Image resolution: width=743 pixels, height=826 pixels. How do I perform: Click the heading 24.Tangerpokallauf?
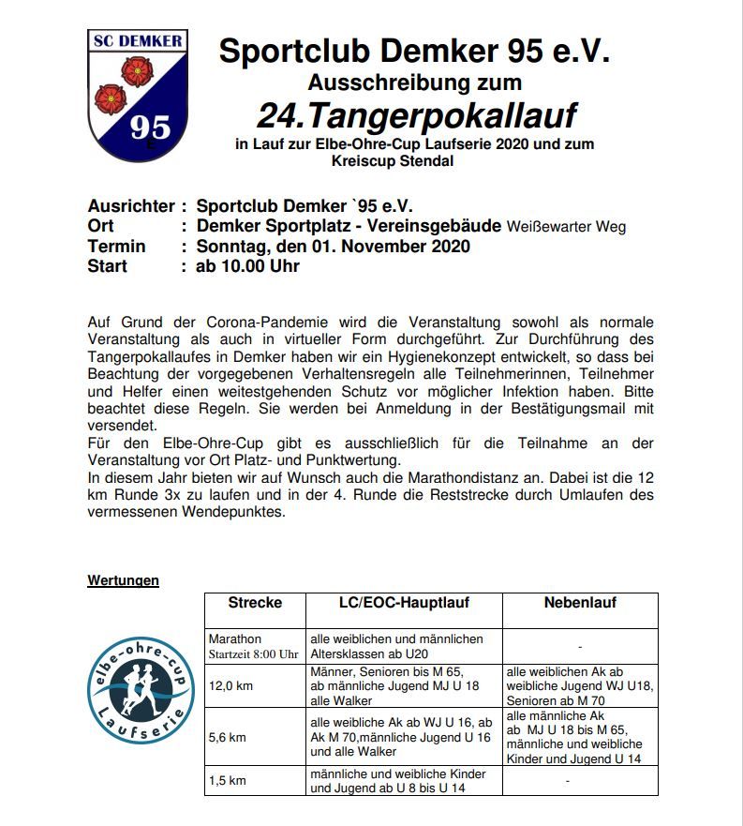[416, 116]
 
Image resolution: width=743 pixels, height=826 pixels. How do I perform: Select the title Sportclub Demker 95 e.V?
[414, 51]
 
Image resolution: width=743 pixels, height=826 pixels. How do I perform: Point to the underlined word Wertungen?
[123, 580]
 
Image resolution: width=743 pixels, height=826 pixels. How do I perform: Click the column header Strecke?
[255, 603]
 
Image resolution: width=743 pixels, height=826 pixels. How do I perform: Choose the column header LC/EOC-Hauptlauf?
[404, 603]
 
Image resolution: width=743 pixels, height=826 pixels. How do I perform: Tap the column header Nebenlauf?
[580, 603]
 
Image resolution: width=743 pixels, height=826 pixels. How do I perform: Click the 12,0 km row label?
[230, 685]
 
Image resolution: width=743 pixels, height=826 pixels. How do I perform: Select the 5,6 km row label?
[228, 737]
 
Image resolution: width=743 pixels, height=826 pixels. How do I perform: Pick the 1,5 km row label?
[228, 780]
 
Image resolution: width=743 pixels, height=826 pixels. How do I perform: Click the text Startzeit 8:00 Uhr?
[253, 653]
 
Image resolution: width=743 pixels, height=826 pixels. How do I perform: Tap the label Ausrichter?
[131, 206]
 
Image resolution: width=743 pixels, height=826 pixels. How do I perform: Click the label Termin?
[116, 247]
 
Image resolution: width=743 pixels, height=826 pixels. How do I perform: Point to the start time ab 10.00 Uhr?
[247, 266]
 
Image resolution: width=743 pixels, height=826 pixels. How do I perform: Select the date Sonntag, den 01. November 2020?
[333, 247]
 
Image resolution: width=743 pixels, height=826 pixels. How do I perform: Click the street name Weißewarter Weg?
[566, 227]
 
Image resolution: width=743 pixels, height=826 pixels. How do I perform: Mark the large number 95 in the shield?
[150, 127]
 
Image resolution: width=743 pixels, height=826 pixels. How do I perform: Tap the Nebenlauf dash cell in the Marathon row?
[580, 646]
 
